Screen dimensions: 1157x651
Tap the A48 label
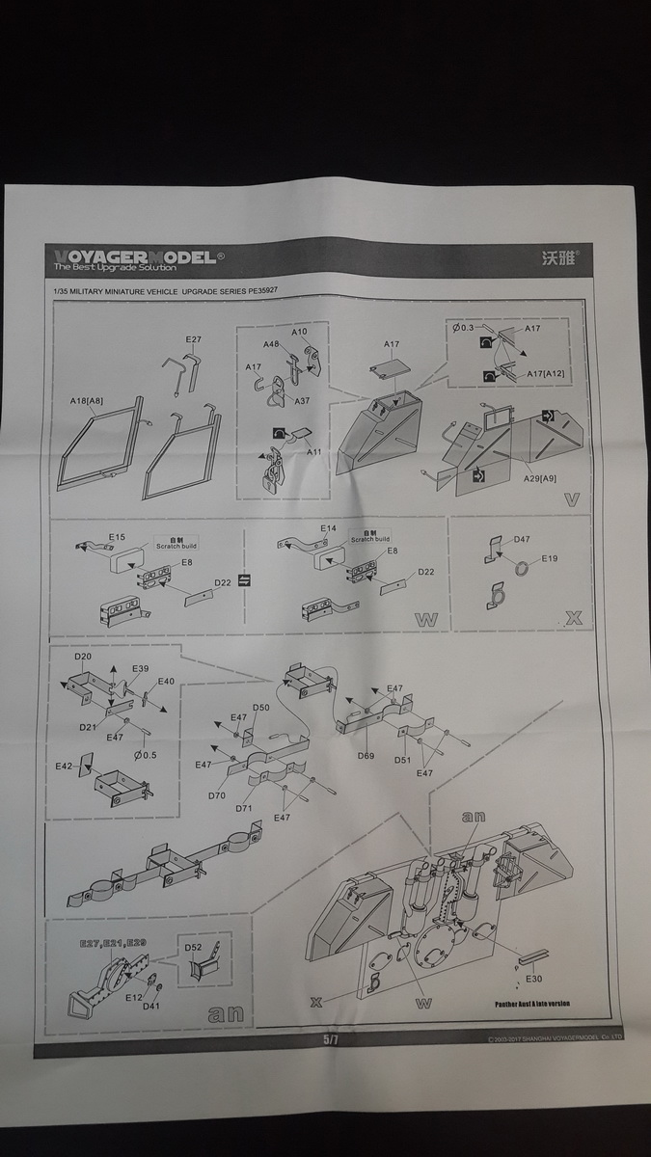tap(271, 345)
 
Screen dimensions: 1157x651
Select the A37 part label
tap(301, 401)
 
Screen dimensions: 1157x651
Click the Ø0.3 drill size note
tap(463, 328)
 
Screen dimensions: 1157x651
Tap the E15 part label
tap(117, 536)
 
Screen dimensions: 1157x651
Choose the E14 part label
tap(329, 528)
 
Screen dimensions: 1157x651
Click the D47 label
tap(524, 540)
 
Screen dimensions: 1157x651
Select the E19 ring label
tap(550, 558)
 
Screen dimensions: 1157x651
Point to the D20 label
tap(83, 657)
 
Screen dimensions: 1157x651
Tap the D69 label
tap(365, 756)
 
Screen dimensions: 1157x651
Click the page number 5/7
tap(331, 1040)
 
